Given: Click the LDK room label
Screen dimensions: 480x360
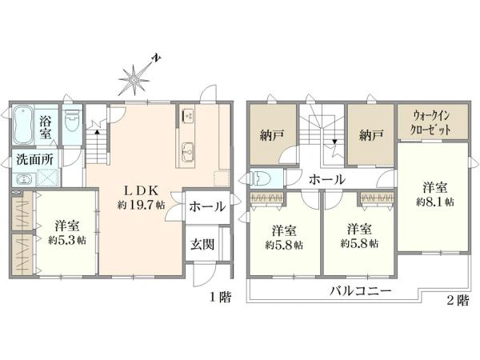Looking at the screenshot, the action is (x=141, y=190).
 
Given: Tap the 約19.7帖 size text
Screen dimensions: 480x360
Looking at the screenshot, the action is (x=141, y=205).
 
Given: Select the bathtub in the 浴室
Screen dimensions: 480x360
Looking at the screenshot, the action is (x=23, y=125).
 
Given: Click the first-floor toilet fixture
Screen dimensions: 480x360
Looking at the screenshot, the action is (x=73, y=120).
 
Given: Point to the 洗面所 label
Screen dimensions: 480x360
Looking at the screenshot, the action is (x=34, y=159).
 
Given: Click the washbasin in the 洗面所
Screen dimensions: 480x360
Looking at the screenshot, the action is (x=23, y=178).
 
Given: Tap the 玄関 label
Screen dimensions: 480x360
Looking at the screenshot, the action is (x=202, y=244).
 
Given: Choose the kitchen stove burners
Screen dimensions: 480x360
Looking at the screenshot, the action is (x=187, y=115).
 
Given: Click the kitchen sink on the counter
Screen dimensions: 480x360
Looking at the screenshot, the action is (x=187, y=151).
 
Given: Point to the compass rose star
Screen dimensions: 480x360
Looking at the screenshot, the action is (x=134, y=80).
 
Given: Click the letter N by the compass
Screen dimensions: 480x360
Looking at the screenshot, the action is (x=158, y=58).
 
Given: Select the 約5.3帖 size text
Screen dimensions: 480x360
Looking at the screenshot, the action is (x=67, y=240).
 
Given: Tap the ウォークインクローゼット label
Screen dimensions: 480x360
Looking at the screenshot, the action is (x=431, y=122).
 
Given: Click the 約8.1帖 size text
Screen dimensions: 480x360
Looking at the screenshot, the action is (x=435, y=202).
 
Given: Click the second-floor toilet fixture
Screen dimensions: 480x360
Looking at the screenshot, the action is (x=259, y=178).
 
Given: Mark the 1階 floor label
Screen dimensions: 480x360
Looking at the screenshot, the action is (x=221, y=297).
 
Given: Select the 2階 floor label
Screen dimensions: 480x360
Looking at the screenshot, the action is (x=458, y=300).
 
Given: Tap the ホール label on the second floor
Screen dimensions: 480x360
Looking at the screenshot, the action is (x=327, y=179).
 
